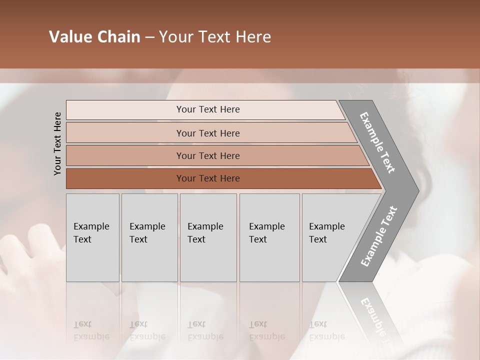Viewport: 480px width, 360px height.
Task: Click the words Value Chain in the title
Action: click(x=94, y=37)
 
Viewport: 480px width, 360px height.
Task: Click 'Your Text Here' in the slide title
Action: click(x=215, y=37)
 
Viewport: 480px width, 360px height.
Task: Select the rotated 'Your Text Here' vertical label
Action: click(x=57, y=144)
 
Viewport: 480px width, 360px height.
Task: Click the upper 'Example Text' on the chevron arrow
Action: click(x=377, y=142)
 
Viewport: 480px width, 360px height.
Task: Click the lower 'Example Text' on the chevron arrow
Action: click(x=378, y=236)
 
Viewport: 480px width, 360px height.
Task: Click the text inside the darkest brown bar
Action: click(x=208, y=178)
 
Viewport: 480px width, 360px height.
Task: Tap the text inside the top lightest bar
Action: click(x=208, y=109)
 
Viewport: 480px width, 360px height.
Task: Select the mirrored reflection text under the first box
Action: click(x=91, y=330)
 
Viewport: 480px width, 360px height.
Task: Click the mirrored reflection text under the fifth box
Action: click(x=326, y=330)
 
